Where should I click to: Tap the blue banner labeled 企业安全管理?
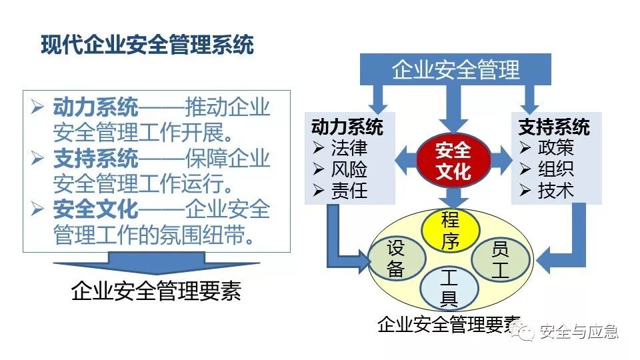coord(455,69)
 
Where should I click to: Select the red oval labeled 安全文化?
coord(453,161)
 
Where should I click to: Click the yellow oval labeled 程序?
coord(451,230)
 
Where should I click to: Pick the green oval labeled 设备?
coord(396,258)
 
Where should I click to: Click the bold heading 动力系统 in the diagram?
coord(347,127)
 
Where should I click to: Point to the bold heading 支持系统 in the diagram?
coord(554,127)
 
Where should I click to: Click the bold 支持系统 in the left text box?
coord(95,159)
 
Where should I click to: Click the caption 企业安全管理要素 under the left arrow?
coord(156,291)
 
